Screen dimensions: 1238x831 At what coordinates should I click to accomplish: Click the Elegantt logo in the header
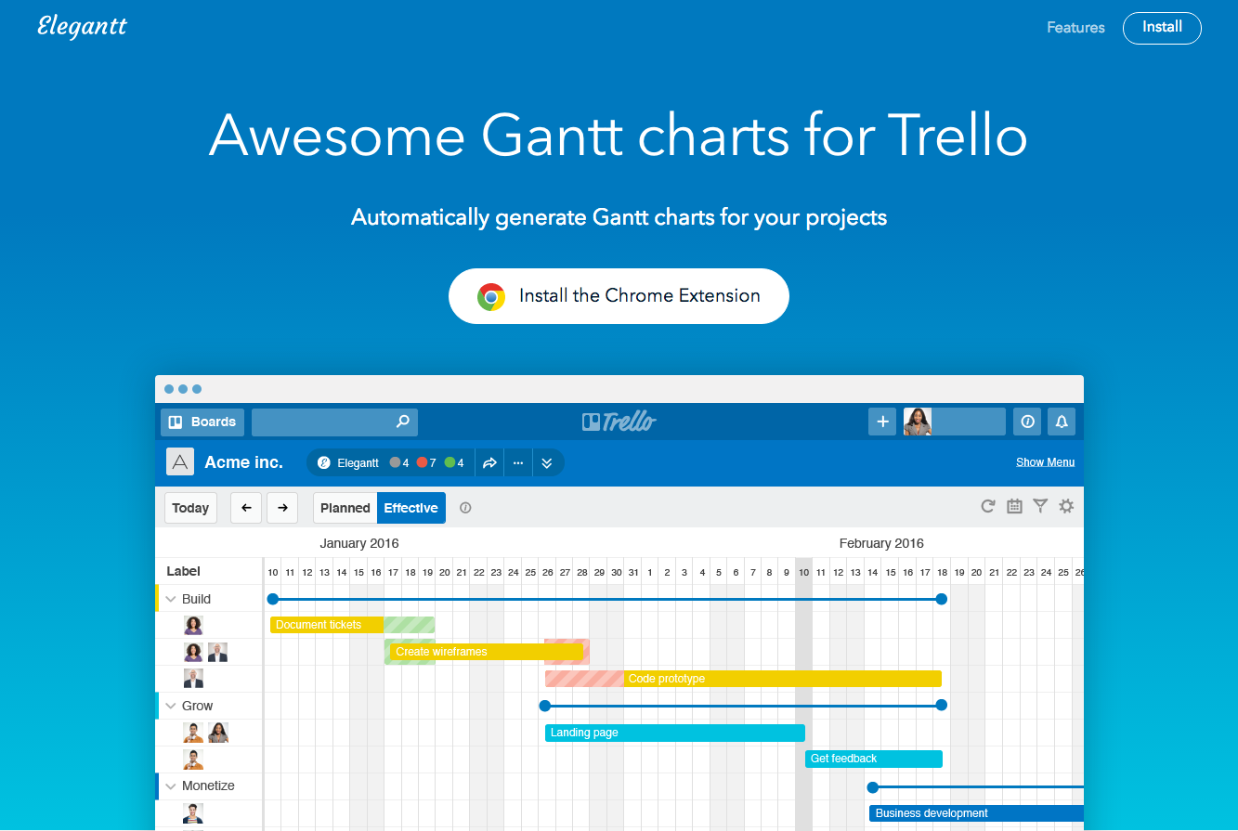[x=82, y=27]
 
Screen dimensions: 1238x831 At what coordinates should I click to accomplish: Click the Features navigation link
[x=1075, y=28]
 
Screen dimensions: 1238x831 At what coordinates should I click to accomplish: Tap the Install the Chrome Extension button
[x=619, y=296]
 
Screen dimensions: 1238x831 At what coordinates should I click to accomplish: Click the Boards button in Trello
[x=202, y=422]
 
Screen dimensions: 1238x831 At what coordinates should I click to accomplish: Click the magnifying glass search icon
[x=403, y=421]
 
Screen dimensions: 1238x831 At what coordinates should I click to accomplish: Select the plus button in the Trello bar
[x=882, y=422]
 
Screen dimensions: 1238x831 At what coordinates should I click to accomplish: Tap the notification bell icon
[x=1062, y=422]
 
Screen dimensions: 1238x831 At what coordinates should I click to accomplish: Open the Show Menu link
[x=1045, y=461]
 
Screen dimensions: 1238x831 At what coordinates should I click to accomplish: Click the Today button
[x=190, y=508]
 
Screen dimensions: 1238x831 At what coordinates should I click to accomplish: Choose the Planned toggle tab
[x=345, y=508]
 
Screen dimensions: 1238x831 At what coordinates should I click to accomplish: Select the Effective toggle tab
[x=411, y=508]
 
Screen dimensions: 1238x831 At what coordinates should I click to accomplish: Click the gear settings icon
[x=1066, y=506]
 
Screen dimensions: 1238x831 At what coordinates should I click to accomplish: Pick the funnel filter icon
[x=1040, y=506]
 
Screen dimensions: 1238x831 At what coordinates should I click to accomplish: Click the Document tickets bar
[x=327, y=625]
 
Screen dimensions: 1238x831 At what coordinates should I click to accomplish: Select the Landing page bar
[x=675, y=733]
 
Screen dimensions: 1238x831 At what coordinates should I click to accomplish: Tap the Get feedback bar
[x=874, y=759]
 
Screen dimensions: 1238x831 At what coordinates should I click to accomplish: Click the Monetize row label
[x=208, y=786]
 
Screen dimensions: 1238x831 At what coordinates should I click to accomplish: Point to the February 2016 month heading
[x=881, y=543]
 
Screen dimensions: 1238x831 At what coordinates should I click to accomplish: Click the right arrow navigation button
[x=282, y=508]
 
